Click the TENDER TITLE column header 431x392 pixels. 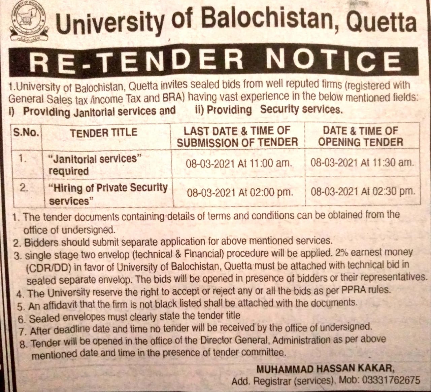pyautogui.click(x=104, y=133)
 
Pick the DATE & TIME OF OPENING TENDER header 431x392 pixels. pyautogui.click(x=360, y=136)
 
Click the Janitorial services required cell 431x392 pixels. pyautogui.click(x=93, y=165)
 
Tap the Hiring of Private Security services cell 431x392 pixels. pyautogui.click(x=108, y=194)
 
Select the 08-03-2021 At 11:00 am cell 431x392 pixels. pyautogui.click(x=238, y=164)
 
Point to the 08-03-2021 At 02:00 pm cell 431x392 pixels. pyautogui.click(x=240, y=193)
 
